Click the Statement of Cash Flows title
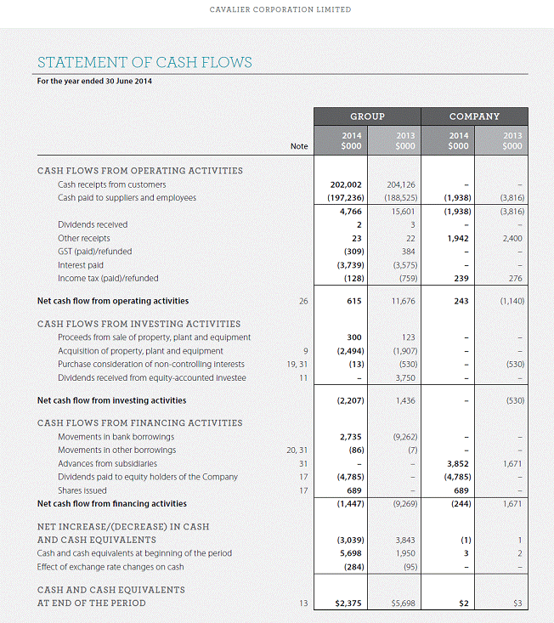pyautogui.click(x=144, y=62)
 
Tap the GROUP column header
pyautogui.click(x=368, y=116)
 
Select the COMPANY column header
pyautogui.click(x=474, y=116)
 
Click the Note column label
pyautogui.click(x=299, y=146)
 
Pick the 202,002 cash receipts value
pyautogui.click(x=346, y=184)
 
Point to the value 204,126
pyautogui.click(x=400, y=184)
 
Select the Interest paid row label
pyautogui.click(x=81, y=265)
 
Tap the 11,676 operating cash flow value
pyautogui.click(x=403, y=301)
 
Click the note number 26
pyautogui.click(x=303, y=301)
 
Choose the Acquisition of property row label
pyautogui.click(x=140, y=350)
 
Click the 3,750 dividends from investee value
pyautogui.click(x=404, y=377)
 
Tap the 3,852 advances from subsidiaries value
pyautogui.click(x=459, y=464)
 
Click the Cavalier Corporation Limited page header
pyautogui.click(x=280, y=10)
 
